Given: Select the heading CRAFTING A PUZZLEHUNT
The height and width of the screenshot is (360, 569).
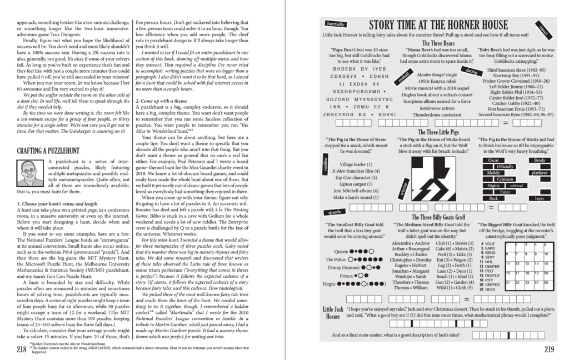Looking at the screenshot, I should tap(48, 151).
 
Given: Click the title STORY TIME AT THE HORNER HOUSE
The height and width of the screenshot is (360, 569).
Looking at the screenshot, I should tap(438, 25).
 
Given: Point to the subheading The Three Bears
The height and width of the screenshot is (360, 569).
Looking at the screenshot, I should tap(438, 43).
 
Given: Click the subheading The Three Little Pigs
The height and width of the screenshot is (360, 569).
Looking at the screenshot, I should tap(438, 132).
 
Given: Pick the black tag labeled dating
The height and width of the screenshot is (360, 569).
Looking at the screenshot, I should tap(472, 72).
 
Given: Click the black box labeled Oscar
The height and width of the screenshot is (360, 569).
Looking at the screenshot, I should tap(493, 160).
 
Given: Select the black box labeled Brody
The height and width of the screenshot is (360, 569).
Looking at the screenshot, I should tap(539, 160).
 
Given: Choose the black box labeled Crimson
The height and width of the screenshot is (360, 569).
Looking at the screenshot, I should tap(505, 179).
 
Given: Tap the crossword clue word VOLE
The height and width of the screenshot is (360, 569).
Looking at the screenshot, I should tap(490, 244).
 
